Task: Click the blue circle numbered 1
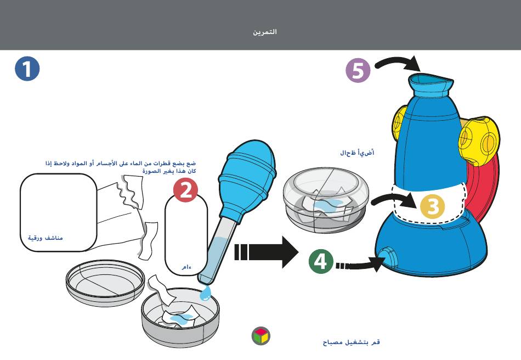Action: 27,69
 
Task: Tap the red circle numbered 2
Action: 186,190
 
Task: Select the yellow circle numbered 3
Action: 433,206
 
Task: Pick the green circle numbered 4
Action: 320,261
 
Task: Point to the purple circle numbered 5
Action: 358,71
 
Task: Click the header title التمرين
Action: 265,32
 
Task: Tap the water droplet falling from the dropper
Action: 205,294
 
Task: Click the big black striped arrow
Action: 265,252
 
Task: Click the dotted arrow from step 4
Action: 359,266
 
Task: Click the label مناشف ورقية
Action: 46,238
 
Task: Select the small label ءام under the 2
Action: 186,267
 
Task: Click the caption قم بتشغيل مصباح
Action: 351,342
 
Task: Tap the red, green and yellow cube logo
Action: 261,336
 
